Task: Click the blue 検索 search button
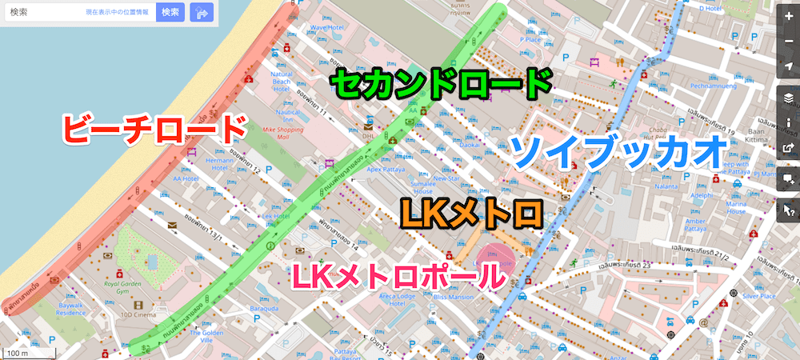coord(170,13)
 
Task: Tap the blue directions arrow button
coord(202,13)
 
